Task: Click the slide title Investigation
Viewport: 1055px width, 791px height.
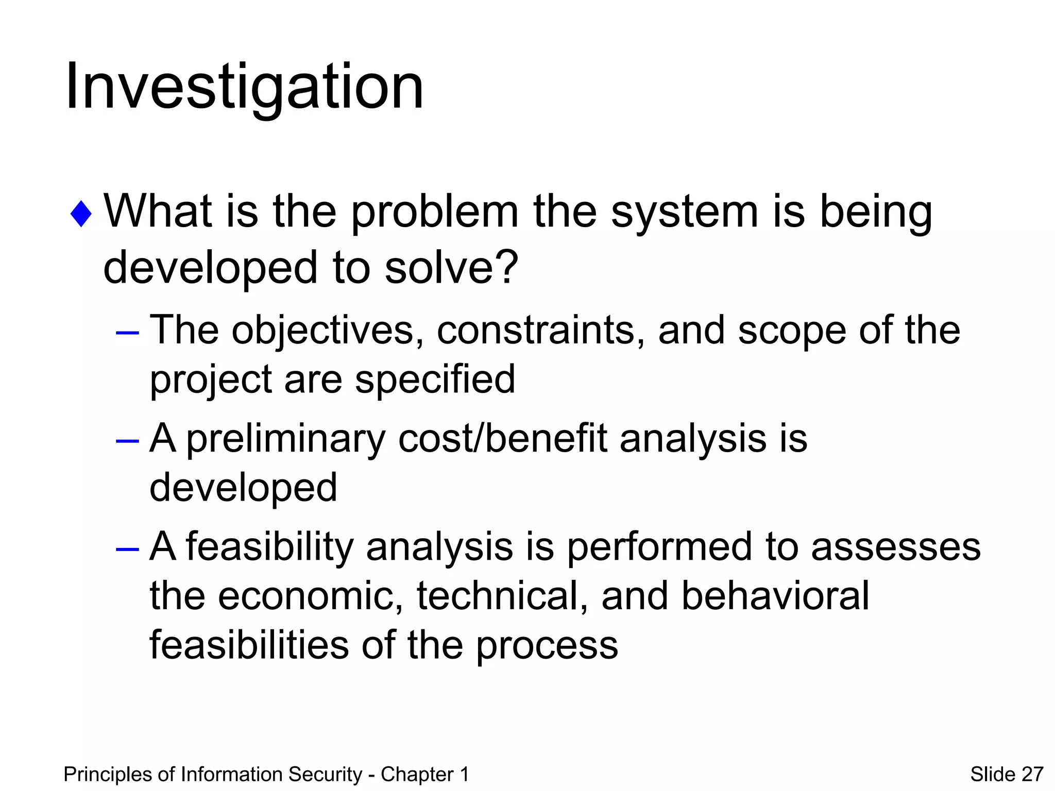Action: [244, 87]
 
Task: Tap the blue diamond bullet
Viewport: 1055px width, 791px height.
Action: [81, 214]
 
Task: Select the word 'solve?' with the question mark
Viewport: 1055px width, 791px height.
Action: [451, 268]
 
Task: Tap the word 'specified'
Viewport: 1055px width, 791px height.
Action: [435, 380]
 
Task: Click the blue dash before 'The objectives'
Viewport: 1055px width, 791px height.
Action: [127, 332]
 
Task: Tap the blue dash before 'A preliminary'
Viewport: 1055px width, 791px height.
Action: [127, 441]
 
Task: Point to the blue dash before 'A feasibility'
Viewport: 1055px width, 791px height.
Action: [127, 549]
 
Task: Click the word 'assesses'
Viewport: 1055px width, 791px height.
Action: [896, 547]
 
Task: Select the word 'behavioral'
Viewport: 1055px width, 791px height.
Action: [775, 596]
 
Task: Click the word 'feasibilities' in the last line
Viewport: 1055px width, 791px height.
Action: [249, 646]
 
